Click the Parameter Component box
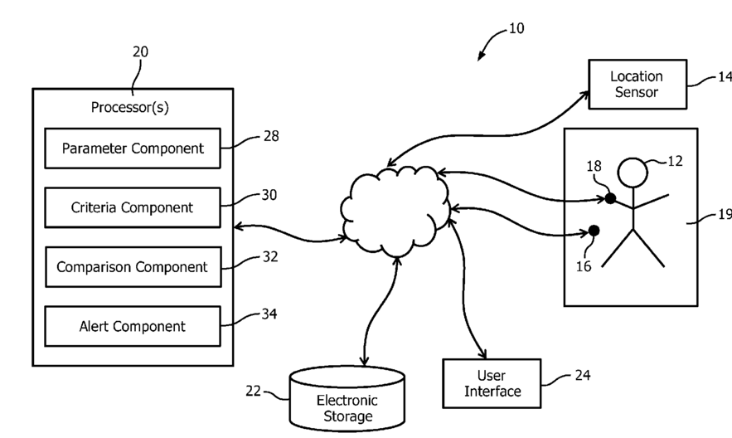[132, 148]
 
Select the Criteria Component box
[132, 207]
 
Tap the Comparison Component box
[132, 267]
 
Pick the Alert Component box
[132, 326]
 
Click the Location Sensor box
[637, 84]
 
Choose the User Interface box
[492, 383]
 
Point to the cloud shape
[394, 212]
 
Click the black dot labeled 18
[610, 198]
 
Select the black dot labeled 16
[594, 231]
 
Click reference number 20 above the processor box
[140, 51]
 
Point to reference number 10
[516, 28]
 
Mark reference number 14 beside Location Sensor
[725, 76]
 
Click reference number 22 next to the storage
[255, 390]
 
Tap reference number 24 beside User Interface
[583, 375]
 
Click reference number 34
[269, 314]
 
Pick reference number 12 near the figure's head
[676, 161]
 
